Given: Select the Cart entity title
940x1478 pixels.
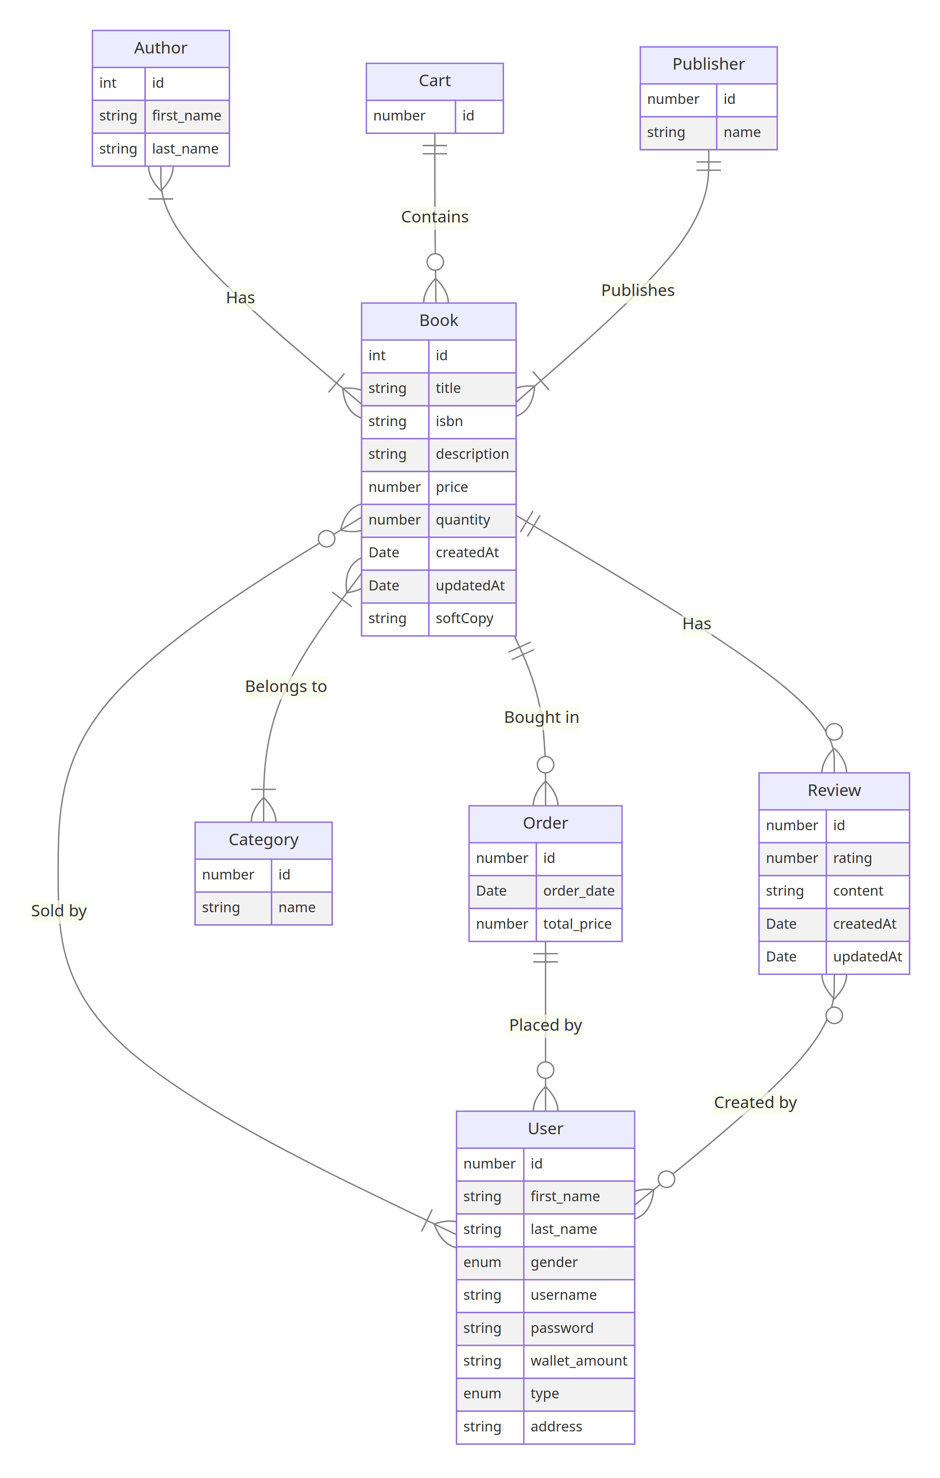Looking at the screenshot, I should (434, 80).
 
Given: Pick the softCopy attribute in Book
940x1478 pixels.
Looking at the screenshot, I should (464, 618).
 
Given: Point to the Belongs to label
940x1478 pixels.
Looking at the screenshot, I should (286, 686).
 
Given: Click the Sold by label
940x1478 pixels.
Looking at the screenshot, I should (59, 911).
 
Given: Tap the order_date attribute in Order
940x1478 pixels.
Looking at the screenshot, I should (579, 891).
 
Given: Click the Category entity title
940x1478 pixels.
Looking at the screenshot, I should (263, 840).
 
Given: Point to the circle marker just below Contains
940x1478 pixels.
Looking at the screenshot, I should (435, 262).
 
